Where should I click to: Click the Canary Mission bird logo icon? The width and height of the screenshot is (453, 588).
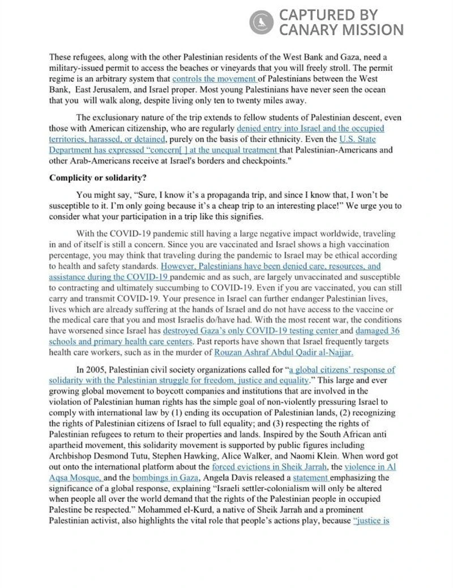tap(261, 22)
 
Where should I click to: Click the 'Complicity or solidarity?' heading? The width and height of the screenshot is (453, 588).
tap(97, 177)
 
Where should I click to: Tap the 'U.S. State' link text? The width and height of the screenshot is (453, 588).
tap(357, 138)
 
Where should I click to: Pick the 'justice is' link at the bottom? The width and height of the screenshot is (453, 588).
tap(371, 520)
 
